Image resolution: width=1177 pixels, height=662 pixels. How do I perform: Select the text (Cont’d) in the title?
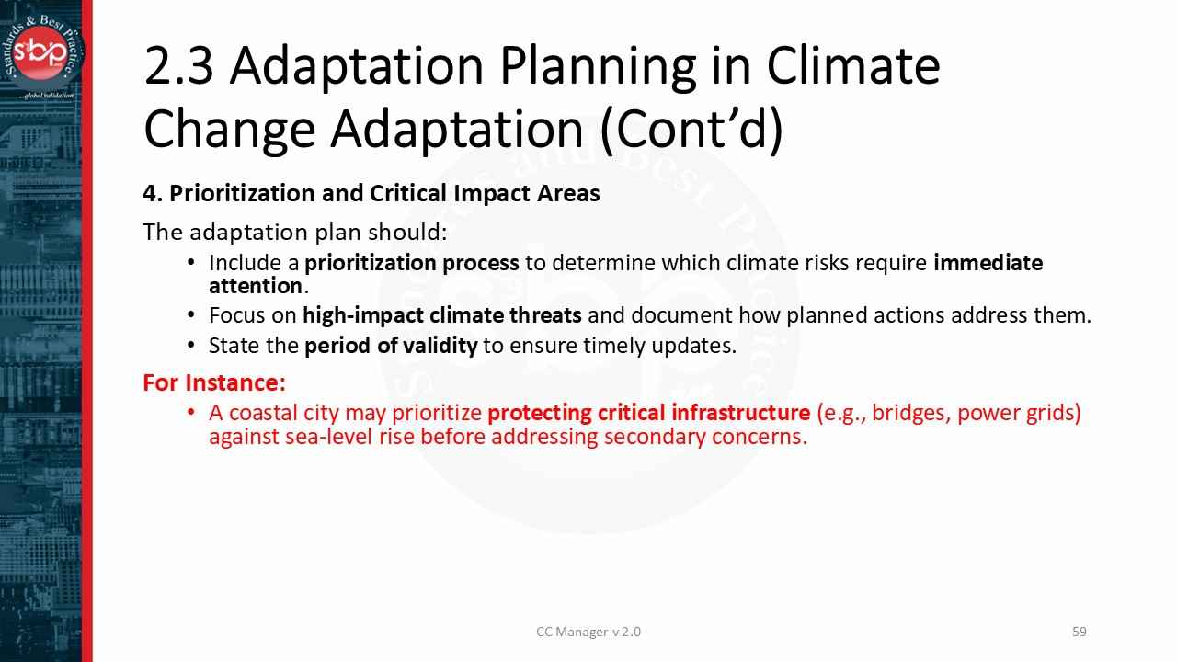point(691,129)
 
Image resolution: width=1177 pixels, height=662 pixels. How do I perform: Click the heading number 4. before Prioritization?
point(153,193)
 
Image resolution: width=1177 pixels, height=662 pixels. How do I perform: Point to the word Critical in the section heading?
point(409,193)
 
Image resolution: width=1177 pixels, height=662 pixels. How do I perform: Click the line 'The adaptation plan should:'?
point(294,232)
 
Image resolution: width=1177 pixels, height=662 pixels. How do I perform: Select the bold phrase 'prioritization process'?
point(411,263)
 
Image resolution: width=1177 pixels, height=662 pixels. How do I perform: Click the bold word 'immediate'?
point(988,263)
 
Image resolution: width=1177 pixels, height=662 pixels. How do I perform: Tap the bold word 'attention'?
point(256,286)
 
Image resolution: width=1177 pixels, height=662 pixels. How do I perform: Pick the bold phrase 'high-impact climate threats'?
point(441,315)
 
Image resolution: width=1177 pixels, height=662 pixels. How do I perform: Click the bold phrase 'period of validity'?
point(391,346)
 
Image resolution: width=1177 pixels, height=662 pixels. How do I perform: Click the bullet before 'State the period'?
point(191,346)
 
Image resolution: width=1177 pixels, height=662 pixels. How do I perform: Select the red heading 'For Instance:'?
point(214,382)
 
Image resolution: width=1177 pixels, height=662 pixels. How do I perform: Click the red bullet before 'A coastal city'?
point(191,413)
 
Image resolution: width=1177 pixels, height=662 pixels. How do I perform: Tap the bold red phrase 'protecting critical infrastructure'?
point(648,413)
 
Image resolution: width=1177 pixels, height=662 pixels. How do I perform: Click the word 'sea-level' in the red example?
point(329,437)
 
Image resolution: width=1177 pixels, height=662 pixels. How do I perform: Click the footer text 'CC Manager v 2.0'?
point(588,632)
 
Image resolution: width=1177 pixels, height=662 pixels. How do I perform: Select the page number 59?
point(1080,632)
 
